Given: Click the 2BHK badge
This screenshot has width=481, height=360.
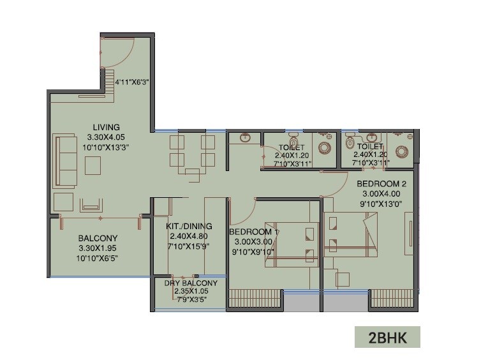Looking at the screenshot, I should (x=387, y=336).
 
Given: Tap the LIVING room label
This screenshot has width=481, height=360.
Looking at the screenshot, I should (x=107, y=127).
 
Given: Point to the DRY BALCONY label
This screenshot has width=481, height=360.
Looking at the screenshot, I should (x=191, y=283).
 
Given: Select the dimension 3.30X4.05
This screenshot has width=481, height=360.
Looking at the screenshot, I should (x=107, y=137).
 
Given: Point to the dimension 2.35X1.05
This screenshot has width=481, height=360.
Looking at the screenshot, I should (x=191, y=290).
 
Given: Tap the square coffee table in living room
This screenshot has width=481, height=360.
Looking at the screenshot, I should (x=93, y=165).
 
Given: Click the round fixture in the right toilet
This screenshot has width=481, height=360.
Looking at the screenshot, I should (x=402, y=151).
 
